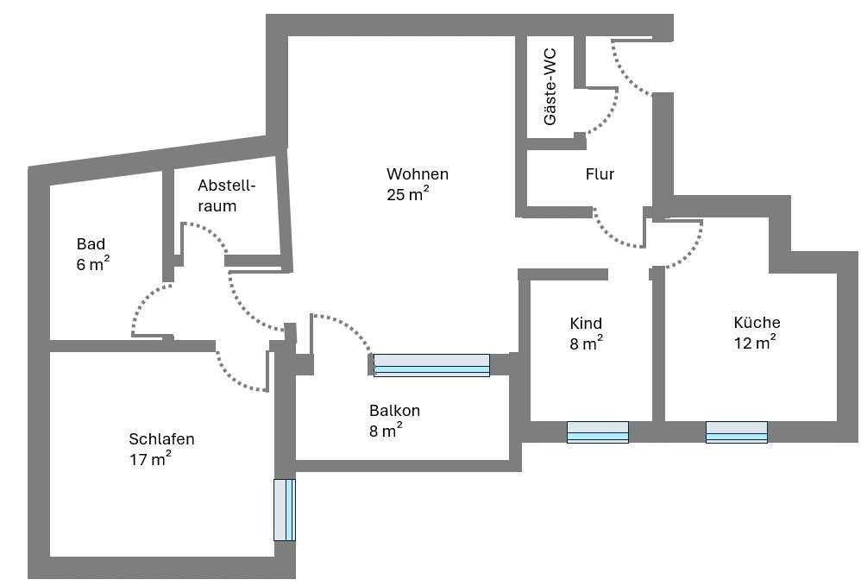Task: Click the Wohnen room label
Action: point(418,174)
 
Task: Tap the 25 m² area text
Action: point(407,194)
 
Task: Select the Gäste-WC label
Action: point(550,87)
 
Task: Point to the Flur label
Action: point(600,174)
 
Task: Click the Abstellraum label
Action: point(227,196)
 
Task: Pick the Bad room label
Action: point(91,244)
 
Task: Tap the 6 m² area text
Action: point(93,263)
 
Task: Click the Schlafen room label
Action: point(161,438)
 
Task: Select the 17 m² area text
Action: point(150,458)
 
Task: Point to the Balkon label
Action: point(394,410)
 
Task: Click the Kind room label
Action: point(585,324)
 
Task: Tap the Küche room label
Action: point(757,323)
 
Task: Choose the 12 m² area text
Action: point(755,342)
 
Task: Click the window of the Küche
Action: point(737,432)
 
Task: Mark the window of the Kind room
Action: point(597,432)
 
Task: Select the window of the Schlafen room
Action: point(285,510)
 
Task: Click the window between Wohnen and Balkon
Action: point(431,365)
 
